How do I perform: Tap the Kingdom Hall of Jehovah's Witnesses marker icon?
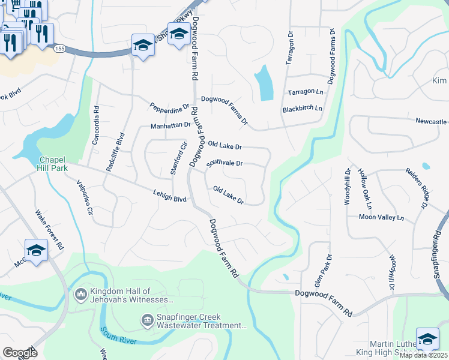[80, 295]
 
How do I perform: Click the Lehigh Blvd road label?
[172, 197]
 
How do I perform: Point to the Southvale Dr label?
[224, 163]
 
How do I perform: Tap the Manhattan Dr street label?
[170, 125]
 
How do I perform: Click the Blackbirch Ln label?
[302, 109]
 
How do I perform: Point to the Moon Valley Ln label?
[382, 217]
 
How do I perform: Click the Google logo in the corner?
[19, 353]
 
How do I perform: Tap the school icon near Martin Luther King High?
[427, 338]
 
